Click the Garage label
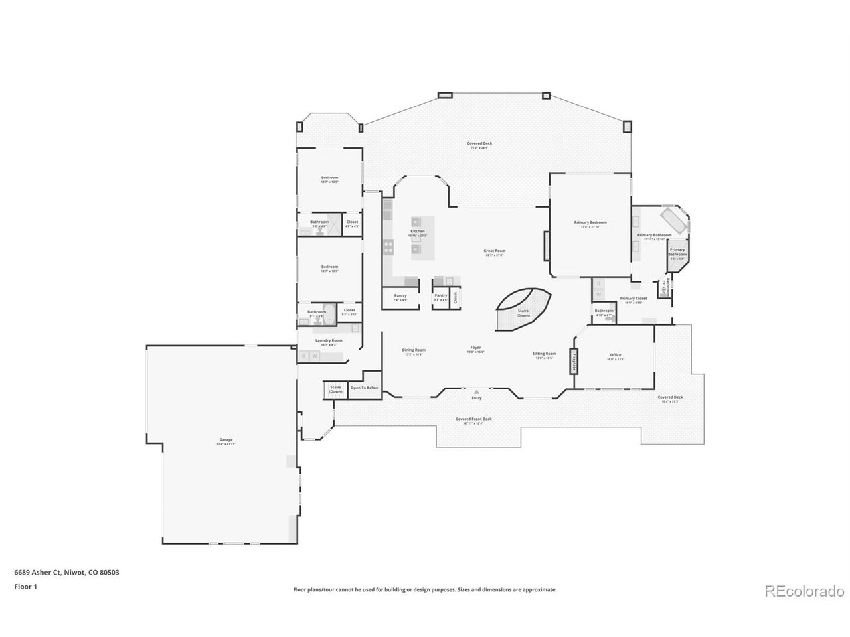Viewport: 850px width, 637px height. tap(226, 441)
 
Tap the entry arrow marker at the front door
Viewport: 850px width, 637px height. tap(476, 392)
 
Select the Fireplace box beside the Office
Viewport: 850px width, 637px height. tap(574, 362)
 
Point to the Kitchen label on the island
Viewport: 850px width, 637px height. tap(417, 232)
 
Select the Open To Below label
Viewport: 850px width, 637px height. tap(364, 388)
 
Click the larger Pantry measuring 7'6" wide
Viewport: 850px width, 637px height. tap(400, 297)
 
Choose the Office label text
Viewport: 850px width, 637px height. tap(615, 355)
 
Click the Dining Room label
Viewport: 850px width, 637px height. tap(414, 350)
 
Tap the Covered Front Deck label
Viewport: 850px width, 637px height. tap(473, 419)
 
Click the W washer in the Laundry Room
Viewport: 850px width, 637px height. tap(315, 356)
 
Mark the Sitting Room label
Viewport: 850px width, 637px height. tap(544, 354)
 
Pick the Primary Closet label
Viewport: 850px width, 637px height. tap(633, 299)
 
